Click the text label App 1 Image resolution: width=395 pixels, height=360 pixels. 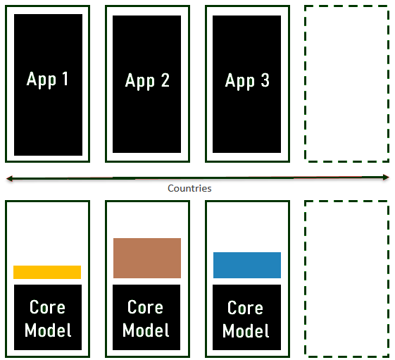pyautogui.click(x=47, y=80)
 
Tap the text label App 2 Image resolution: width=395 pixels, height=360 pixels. pyautogui.click(x=147, y=81)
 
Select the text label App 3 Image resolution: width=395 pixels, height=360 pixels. pyautogui.click(x=247, y=81)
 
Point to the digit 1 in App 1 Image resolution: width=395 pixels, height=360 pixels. pyautogui.click(x=65, y=79)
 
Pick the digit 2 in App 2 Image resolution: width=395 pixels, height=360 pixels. pyautogui.click(x=165, y=80)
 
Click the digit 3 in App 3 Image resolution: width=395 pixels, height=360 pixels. pyautogui.click(x=265, y=80)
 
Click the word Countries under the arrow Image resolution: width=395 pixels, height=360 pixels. pyautogui.click(x=189, y=188)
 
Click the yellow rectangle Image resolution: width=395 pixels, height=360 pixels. pyautogui.click(x=47, y=272)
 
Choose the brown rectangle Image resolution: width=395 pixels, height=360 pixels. pyautogui.click(x=147, y=258)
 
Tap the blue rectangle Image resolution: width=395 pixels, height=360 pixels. pyautogui.click(x=247, y=265)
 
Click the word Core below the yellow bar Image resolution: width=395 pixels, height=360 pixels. pyautogui.click(x=47, y=307)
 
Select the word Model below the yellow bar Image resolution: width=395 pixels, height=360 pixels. pyautogui.click(x=48, y=330)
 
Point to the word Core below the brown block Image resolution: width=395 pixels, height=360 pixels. pyautogui.click(x=145, y=307)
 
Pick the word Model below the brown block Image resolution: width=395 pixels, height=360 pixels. pyautogui.click(x=146, y=330)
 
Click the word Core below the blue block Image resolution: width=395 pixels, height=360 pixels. pyautogui.click(x=245, y=308)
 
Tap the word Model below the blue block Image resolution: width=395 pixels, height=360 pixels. pyautogui.click(x=246, y=330)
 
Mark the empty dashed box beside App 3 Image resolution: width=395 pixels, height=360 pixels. pyautogui.click(x=305, y=84)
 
